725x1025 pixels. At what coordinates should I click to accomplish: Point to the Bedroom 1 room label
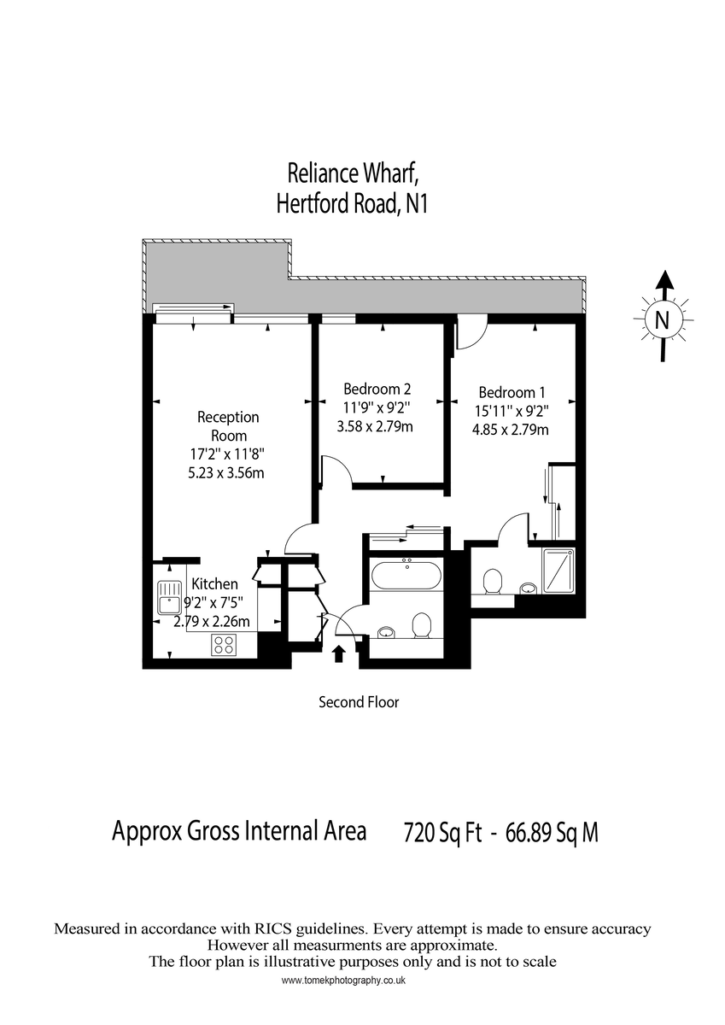click(x=511, y=392)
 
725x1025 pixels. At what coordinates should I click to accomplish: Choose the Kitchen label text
click(x=214, y=584)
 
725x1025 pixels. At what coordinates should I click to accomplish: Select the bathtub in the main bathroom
click(x=406, y=575)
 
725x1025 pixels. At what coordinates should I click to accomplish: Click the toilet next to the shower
click(x=492, y=583)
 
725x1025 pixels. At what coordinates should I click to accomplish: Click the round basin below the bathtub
click(x=387, y=632)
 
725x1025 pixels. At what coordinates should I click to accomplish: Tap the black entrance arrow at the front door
click(x=339, y=654)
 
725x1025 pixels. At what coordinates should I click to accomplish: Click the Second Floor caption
click(x=359, y=703)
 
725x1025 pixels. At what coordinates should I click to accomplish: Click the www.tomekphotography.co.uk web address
click(x=343, y=981)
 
